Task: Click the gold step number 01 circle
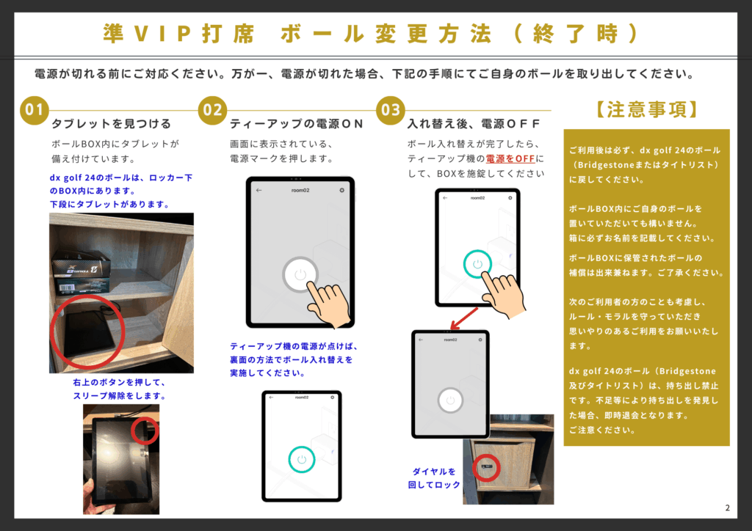click(x=34, y=110)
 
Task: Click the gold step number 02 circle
click(x=212, y=110)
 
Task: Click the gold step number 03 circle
click(x=391, y=110)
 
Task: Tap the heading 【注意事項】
click(x=646, y=110)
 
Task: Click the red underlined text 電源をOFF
click(x=510, y=158)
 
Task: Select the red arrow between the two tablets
click(x=464, y=318)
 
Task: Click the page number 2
click(x=728, y=508)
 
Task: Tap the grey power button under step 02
click(x=300, y=274)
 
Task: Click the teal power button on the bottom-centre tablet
click(x=302, y=459)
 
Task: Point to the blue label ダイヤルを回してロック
click(x=434, y=478)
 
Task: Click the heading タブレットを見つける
click(x=112, y=123)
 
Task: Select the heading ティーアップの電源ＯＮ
click(x=297, y=123)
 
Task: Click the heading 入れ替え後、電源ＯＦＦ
click(x=474, y=123)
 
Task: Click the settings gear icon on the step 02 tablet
click(x=342, y=190)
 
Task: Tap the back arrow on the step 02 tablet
click(x=259, y=190)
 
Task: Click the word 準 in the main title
click(x=114, y=34)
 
